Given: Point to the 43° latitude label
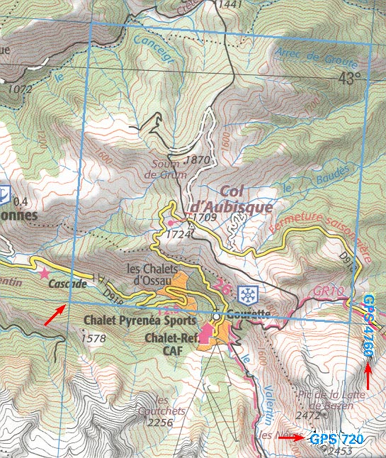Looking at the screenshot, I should click(348, 78).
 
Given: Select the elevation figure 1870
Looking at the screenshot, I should click(196, 161).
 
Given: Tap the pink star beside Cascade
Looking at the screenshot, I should click(44, 272).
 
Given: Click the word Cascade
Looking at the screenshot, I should click(69, 284).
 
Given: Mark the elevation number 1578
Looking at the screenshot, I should click(93, 339).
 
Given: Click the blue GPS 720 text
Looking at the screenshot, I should click(336, 440).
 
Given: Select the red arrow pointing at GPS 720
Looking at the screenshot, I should click(291, 438).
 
